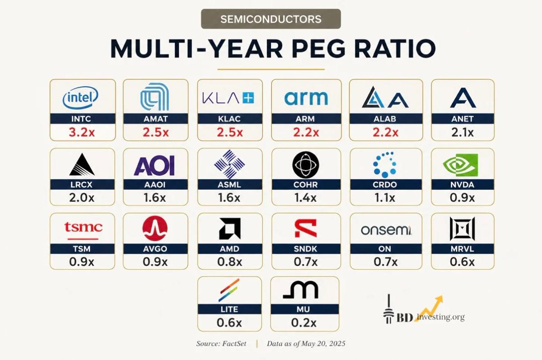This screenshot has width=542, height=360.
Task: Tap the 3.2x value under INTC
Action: [82, 132]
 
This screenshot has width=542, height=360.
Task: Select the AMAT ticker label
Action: [155, 119]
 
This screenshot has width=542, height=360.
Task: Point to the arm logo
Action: [306, 98]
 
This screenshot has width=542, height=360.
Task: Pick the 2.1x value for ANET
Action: [463, 132]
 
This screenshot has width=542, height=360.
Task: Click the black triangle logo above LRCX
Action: [82, 164]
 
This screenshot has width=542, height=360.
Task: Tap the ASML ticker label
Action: [229, 185]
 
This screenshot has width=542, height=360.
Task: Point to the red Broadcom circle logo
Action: [155, 229]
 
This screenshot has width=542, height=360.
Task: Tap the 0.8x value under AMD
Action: [229, 262]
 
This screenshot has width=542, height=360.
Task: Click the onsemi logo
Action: [386, 230]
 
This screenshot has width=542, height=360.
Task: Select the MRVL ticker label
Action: [463, 249]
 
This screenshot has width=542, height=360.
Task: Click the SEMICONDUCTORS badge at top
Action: [271, 19]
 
